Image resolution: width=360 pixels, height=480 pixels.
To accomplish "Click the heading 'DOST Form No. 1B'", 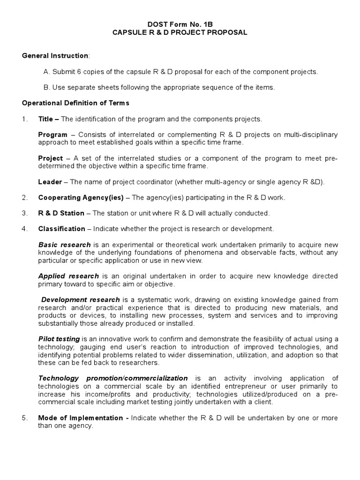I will click(x=180, y=24).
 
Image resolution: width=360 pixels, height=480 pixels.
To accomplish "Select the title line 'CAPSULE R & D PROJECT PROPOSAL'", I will click(x=180, y=32).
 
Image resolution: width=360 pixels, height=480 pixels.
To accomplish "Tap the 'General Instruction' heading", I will click(x=55, y=56).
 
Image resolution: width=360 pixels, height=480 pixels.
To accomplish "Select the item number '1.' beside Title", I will click(x=25, y=119).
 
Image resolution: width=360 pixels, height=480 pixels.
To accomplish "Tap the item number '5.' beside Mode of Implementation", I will click(x=25, y=418).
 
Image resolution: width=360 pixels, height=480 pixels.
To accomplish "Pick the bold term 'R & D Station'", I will click(x=61, y=213).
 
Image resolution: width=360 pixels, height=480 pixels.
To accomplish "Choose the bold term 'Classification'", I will click(x=61, y=229).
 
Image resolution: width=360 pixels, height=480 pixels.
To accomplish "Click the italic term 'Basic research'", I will click(x=65, y=245).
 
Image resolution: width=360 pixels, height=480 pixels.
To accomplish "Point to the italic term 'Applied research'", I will click(x=68, y=276).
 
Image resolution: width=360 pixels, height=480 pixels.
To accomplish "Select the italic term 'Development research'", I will click(x=80, y=300).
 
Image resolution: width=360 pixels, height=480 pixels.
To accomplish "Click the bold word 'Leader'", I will click(x=50, y=182).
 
